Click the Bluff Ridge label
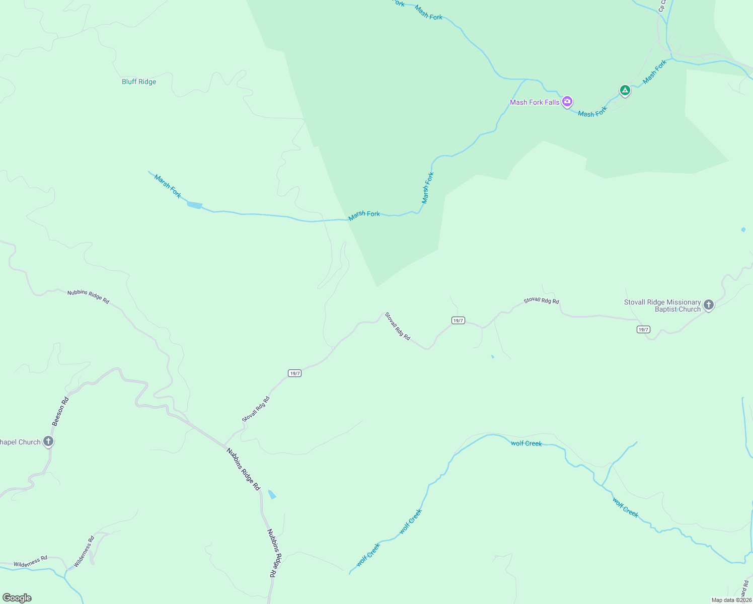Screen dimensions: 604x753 point(139,82)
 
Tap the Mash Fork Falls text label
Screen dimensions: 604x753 point(535,102)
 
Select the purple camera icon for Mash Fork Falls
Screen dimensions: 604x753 point(567,102)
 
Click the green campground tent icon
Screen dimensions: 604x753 point(625,90)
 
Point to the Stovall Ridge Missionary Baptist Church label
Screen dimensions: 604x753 point(662,306)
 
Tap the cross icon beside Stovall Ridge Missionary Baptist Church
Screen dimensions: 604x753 point(708,305)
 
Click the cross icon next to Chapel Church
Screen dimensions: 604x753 point(48,441)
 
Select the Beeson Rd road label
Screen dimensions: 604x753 point(60,412)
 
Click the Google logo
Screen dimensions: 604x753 point(17,598)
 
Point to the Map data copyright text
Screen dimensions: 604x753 point(731,600)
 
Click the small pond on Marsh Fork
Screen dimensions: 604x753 point(194,205)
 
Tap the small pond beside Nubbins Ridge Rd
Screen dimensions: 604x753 point(272,495)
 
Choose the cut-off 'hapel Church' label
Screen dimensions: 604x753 point(20,442)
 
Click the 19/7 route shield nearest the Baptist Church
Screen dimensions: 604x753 point(643,329)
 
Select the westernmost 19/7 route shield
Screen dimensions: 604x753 point(294,373)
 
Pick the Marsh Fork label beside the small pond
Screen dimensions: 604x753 point(168,186)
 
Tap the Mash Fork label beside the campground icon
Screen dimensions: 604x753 point(654,71)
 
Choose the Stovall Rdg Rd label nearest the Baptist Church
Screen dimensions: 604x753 point(541,300)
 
